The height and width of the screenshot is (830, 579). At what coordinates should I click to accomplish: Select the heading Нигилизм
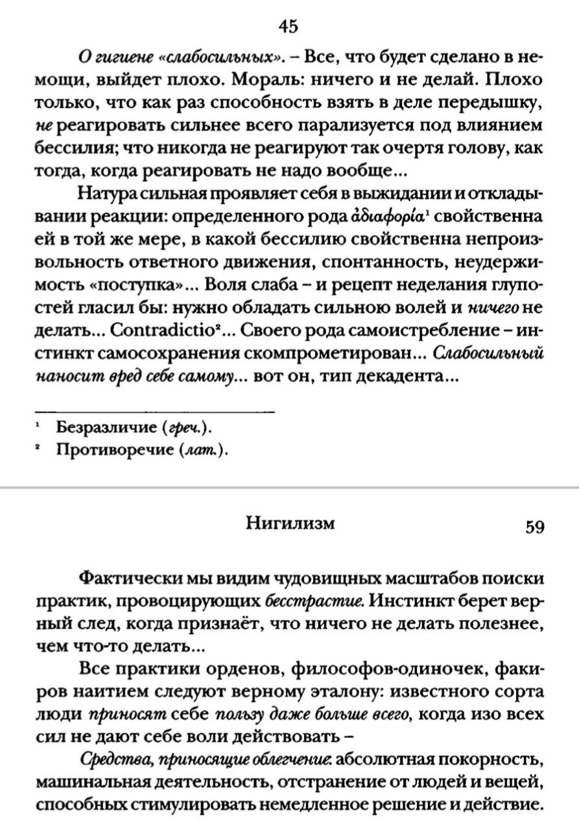click(290, 523)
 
